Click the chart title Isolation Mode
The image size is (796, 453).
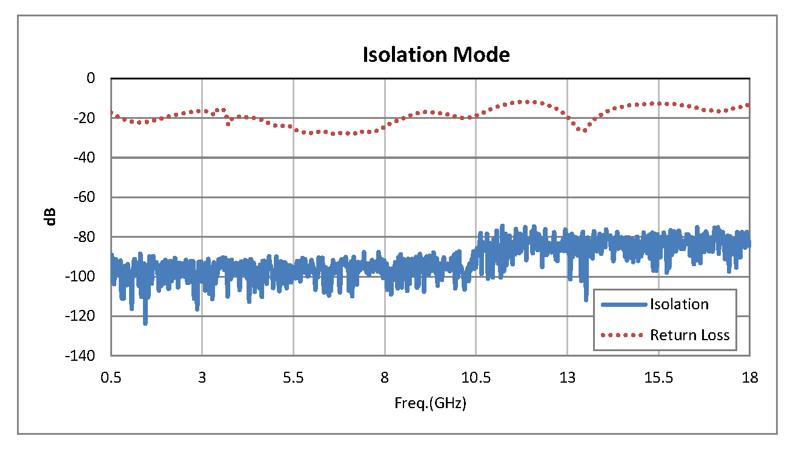pyautogui.click(x=436, y=55)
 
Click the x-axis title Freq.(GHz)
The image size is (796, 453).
pyautogui.click(x=430, y=403)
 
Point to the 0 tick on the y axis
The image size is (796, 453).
pyautogui.click(x=91, y=78)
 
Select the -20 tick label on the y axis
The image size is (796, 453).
pyautogui.click(x=86, y=118)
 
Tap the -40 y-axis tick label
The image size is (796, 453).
pyautogui.click(x=86, y=158)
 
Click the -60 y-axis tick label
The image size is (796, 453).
pyautogui.click(x=86, y=197)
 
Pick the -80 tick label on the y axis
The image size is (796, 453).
pyautogui.click(x=86, y=237)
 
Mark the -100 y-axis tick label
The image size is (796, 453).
pyautogui.click(x=84, y=277)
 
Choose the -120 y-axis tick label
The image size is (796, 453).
pyautogui.click(x=84, y=316)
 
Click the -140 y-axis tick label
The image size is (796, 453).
pyautogui.click(x=84, y=355)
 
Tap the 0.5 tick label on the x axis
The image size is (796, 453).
pyautogui.click(x=111, y=378)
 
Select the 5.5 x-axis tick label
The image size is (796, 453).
pyautogui.click(x=293, y=378)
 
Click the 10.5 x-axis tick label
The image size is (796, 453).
pyautogui.click(x=476, y=378)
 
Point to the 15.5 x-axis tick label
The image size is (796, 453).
pyautogui.click(x=658, y=378)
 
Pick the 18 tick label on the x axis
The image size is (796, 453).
pyautogui.click(x=749, y=378)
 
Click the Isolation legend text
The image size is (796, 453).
pyautogui.click(x=679, y=304)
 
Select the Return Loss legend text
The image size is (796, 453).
pyautogui.click(x=689, y=335)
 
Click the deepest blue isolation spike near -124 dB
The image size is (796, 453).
pyautogui.click(x=145, y=322)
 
